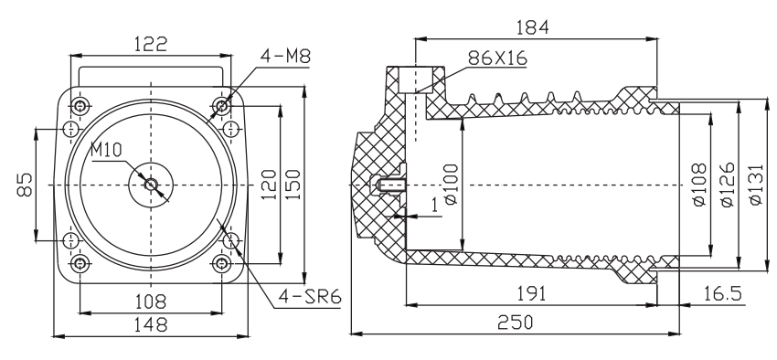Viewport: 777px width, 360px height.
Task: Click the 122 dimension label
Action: coord(151,45)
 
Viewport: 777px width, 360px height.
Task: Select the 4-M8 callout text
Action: coord(285,57)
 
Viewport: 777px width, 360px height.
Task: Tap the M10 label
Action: coord(106,150)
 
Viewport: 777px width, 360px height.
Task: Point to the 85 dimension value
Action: coord(26,185)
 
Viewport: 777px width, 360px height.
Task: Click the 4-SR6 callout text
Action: coord(310,297)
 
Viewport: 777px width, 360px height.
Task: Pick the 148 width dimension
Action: coord(151,325)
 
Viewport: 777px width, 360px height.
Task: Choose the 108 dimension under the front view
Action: coord(151,302)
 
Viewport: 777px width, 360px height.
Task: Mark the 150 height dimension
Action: coord(293,185)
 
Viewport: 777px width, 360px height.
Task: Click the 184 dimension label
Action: coord(533,27)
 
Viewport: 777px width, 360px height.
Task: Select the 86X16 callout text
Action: coord(497,58)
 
